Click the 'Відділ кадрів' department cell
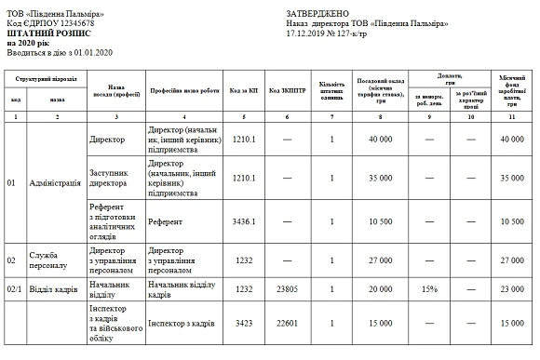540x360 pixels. pyautogui.click(x=53, y=288)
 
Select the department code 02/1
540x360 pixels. pyautogui.click(x=14, y=288)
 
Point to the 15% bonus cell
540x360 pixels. pyautogui.click(x=429, y=288)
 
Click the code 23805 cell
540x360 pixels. pyautogui.click(x=285, y=288)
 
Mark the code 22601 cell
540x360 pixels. pyautogui.click(x=285, y=324)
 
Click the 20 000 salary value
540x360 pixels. pyautogui.click(x=379, y=288)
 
